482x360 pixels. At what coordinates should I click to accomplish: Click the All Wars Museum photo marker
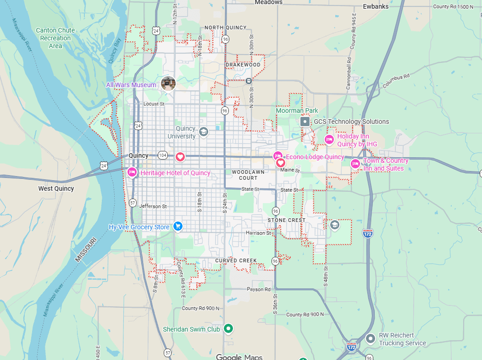pos(168,83)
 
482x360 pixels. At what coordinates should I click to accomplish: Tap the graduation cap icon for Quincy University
pos(203,133)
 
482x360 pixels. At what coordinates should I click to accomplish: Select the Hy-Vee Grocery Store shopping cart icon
pos(178,227)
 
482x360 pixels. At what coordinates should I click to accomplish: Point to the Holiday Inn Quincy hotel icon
pos(329,139)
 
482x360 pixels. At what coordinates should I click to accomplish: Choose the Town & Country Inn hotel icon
pos(355,164)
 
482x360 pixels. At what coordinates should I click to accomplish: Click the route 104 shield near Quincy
pos(162,155)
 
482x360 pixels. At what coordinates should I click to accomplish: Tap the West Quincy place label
pos(56,188)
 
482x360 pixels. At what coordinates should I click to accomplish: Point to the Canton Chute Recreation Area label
pos(55,38)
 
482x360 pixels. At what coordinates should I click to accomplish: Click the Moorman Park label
pos(297,111)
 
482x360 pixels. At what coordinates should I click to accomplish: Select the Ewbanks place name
pos(376,6)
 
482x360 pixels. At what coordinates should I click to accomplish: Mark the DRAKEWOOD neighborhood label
pos(243,65)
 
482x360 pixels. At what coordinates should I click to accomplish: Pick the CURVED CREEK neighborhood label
pos(236,260)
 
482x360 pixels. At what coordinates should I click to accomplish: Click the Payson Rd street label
pos(259,289)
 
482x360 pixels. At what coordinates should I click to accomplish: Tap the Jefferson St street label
pos(151,206)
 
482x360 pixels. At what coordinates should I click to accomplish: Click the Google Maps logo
pos(239,357)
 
